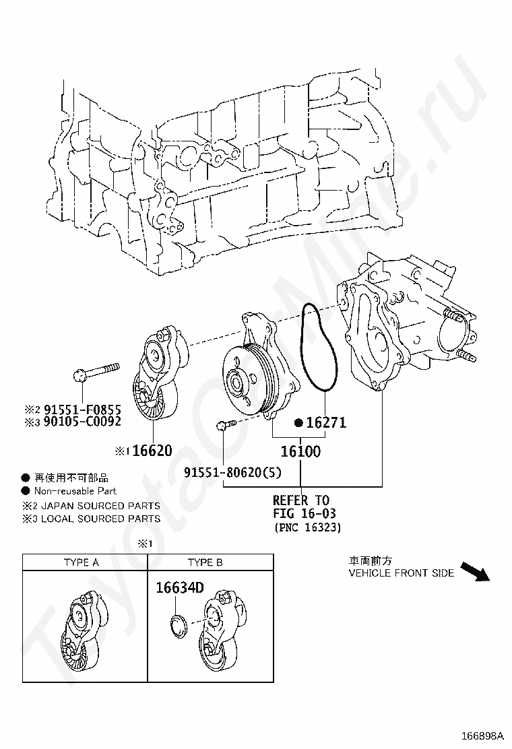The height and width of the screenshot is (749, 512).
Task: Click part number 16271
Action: point(326,423)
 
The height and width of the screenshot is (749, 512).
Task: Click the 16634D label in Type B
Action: point(179,587)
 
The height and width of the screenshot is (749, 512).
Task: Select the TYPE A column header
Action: point(82,562)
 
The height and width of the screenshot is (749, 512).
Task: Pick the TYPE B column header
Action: point(205,562)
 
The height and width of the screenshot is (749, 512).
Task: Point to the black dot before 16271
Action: point(298,423)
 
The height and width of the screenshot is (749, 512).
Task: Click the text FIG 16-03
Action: point(305,514)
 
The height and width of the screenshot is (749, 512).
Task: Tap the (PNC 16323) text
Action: point(307,529)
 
